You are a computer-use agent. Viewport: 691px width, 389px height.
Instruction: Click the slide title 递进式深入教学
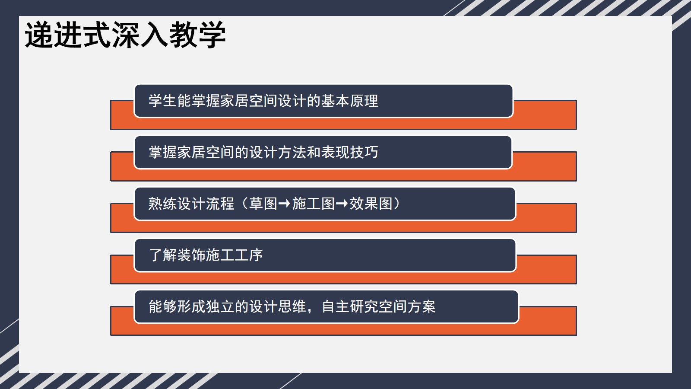coord(125,35)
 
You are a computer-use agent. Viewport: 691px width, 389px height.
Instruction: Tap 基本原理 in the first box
coord(349,101)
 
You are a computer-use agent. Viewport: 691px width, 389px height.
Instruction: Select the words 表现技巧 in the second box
coord(349,152)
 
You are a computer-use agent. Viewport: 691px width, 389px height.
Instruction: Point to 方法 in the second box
coord(292,152)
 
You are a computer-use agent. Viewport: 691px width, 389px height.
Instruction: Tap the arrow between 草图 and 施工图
coord(284,204)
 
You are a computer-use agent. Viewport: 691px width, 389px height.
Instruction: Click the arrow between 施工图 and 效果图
coord(342,204)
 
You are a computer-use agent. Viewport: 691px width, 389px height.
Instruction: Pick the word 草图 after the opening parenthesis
coord(263,204)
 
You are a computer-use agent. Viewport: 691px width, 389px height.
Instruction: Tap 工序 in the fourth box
coord(249,255)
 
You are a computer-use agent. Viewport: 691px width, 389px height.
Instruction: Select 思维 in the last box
coord(292,306)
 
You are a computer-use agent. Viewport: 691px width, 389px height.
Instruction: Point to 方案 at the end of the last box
coord(422,306)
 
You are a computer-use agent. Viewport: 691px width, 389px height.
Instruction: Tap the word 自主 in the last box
coord(335,306)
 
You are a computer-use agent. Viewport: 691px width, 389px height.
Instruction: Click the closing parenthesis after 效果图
coord(396,204)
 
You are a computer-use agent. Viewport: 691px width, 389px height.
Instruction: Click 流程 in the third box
coord(220,204)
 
